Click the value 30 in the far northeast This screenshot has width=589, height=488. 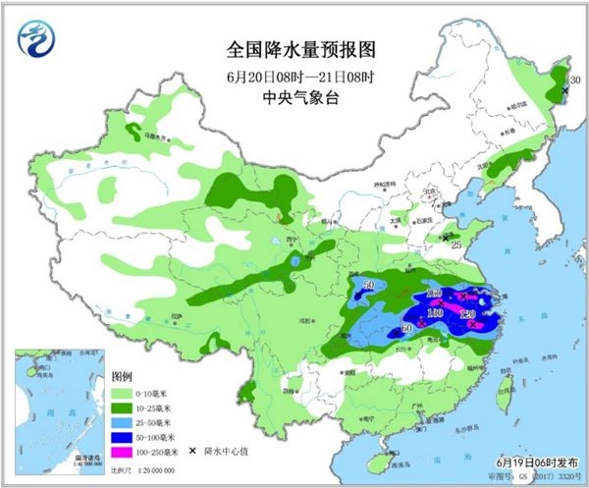[x=576, y=80]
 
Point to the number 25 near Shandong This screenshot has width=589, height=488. [x=456, y=244]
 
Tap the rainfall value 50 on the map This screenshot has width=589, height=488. [x=369, y=286]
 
